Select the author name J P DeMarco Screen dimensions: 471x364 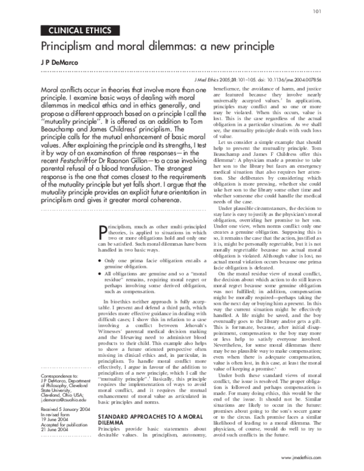pyautogui.click(x=61, y=63)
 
